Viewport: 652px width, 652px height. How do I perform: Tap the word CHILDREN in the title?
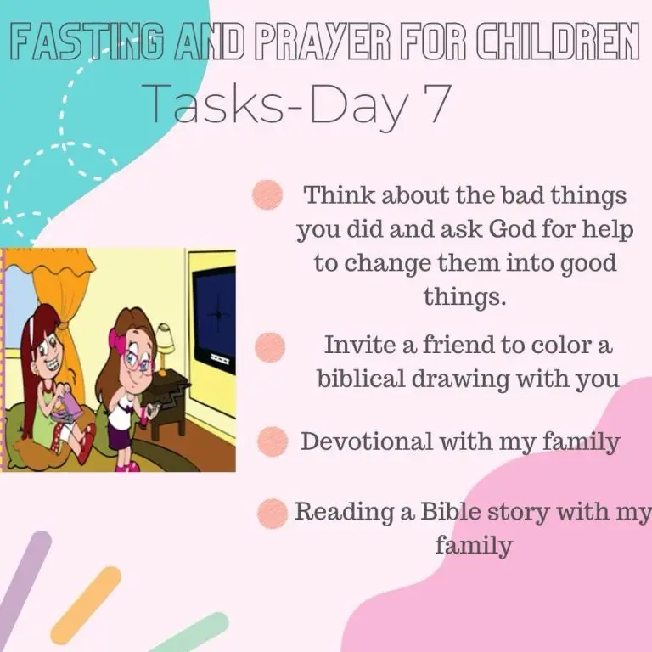point(558,42)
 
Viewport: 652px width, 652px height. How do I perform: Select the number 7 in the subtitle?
point(436,104)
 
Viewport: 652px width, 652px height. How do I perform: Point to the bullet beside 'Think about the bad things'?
point(267,194)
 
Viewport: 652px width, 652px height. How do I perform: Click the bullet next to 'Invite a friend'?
point(270,347)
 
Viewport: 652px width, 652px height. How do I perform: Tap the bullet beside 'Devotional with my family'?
point(273,441)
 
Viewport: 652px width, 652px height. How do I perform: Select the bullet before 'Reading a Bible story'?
point(273,514)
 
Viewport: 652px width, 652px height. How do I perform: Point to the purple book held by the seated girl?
point(68,407)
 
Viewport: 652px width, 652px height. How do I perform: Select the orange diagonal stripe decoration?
point(86,605)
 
